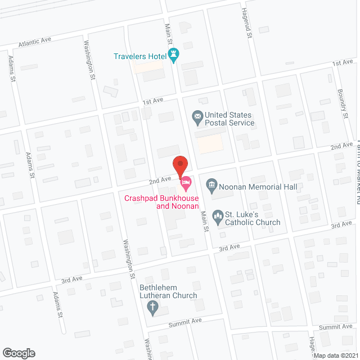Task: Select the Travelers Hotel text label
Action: click(x=139, y=56)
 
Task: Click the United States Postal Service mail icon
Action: click(x=197, y=118)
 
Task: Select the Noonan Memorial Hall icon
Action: click(x=211, y=184)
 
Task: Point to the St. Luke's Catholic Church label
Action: click(x=253, y=218)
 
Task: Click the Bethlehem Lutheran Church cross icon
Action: click(x=151, y=307)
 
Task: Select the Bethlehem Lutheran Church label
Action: click(x=168, y=291)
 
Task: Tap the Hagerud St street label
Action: click(x=246, y=27)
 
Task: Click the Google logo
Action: click(x=18, y=353)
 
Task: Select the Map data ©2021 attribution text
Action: click(x=336, y=355)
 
